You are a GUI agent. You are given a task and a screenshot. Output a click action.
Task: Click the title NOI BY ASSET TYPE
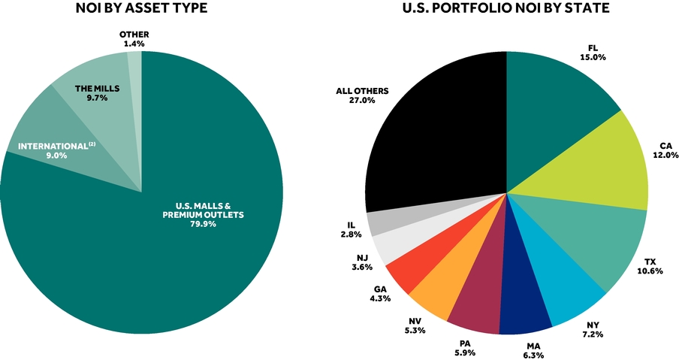point(141,8)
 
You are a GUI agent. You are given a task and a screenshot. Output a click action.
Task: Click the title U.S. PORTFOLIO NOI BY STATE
point(505,8)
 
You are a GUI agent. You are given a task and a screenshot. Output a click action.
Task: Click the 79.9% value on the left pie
point(203,224)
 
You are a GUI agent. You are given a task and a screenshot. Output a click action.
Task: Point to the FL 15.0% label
point(593,53)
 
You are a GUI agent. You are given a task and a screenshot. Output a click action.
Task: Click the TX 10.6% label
point(650,266)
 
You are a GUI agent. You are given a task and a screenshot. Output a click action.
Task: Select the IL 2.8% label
point(351,230)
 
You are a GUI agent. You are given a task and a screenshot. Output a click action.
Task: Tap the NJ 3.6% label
point(362,262)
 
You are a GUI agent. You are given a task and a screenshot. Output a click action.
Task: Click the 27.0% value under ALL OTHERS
point(363,101)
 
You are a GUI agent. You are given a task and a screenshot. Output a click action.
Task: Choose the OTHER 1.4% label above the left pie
point(134,38)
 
